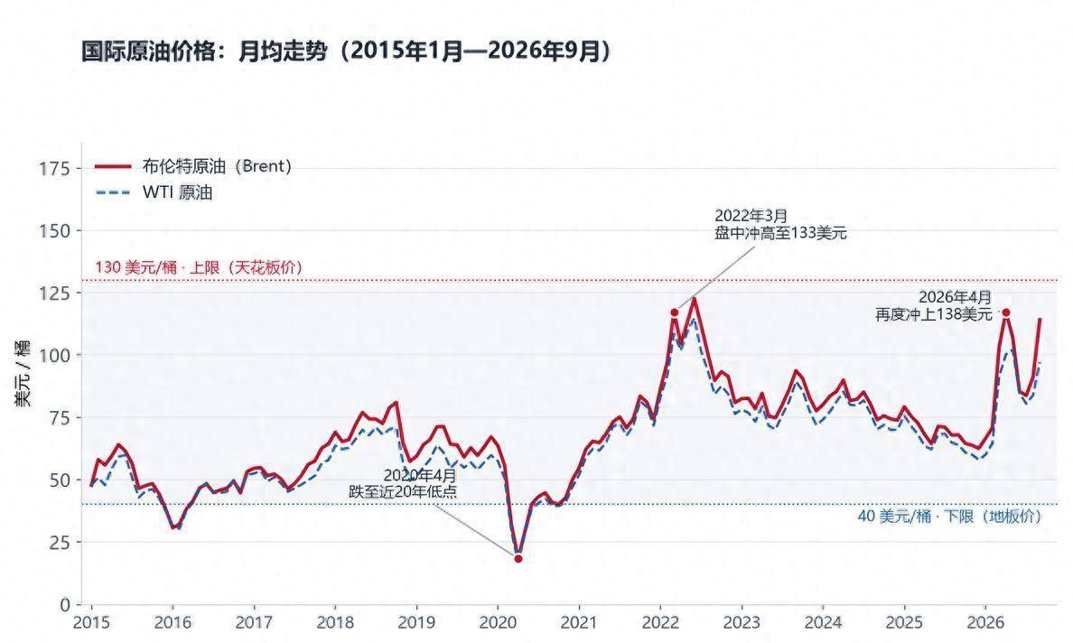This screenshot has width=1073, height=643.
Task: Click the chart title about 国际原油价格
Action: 346,51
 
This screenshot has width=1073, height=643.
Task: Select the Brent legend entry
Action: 193,166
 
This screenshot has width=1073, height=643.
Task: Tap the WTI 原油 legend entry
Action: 154,192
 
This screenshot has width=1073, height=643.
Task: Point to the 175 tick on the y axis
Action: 55,168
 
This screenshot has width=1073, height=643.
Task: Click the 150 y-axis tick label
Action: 55,230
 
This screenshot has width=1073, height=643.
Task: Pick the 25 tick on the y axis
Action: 61,542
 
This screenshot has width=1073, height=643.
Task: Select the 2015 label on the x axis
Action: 91,622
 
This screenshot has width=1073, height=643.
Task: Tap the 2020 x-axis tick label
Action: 498,622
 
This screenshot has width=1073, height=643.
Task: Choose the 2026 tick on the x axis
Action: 984,622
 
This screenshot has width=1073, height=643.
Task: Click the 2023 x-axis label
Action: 742,622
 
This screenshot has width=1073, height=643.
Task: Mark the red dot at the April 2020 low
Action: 518,559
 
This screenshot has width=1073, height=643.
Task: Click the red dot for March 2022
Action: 674,312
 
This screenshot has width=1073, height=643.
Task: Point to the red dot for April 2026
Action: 1006,312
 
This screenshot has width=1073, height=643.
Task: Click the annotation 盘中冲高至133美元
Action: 780,233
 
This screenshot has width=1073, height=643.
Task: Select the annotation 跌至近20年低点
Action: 403,491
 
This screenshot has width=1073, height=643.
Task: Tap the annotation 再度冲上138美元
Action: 933,314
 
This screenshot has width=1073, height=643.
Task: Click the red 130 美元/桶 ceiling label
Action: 199,267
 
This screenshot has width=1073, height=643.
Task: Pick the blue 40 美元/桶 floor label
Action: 950,517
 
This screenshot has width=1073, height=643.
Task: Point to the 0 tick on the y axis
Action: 65,605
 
